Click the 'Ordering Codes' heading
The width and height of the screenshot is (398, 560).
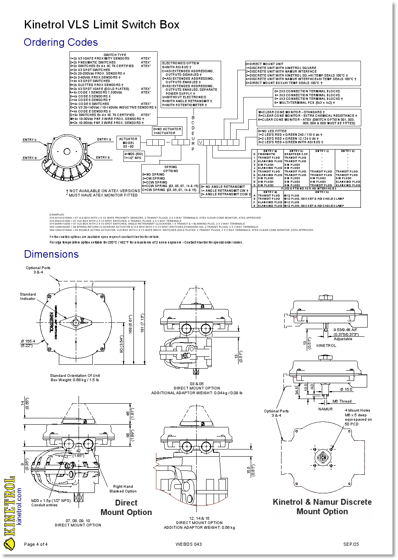(x=60, y=43)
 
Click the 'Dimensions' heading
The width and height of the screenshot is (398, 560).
(x=51, y=255)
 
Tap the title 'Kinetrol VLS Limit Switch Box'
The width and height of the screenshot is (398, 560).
(x=101, y=25)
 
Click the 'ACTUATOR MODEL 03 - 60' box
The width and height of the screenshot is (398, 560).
(x=128, y=143)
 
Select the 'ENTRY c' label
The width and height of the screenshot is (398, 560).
(x=30, y=140)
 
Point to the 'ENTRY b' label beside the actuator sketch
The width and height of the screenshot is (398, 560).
(x=103, y=158)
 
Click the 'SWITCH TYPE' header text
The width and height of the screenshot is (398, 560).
(x=115, y=55)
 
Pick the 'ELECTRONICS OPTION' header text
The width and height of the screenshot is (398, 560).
(x=180, y=63)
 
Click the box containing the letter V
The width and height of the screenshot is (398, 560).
(x=201, y=142)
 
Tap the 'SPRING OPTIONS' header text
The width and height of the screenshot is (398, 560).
(x=171, y=169)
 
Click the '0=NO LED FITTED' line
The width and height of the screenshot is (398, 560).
(x=272, y=131)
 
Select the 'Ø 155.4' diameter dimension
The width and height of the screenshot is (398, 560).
(x=28, y=341)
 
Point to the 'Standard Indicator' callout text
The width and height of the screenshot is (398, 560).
(x=28, y=296)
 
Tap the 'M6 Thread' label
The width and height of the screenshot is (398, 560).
(x=342, y=401)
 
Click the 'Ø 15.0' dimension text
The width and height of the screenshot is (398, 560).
(x=346, y=390)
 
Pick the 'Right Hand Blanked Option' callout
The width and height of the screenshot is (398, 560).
(x=123, y=489)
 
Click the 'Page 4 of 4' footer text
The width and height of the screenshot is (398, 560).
(x=36, y=545)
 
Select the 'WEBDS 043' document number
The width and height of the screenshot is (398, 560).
(x=188, y=545)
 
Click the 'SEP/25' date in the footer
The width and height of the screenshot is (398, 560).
(x=351, y=545)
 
